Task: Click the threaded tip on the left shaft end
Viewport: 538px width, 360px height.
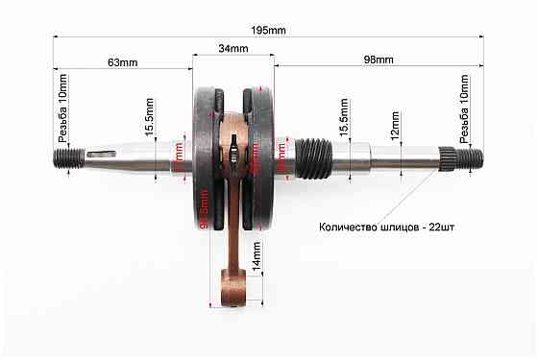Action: [x=65, y=156]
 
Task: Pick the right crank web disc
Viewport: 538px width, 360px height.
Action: [x=261, y=154]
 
